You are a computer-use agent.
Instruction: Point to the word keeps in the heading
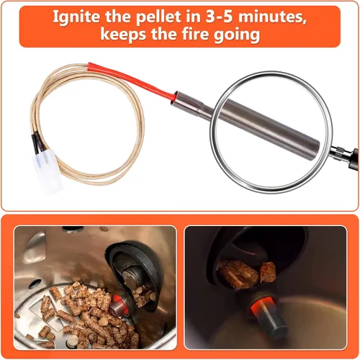pyautogui.click(x=123, y=35)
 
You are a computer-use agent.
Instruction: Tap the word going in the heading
pyautogui.click(x=236, y=35)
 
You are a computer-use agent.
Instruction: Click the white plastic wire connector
pyautogui.click(x=48, y=171)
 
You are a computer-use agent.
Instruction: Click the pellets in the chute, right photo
pyautogui.click(x=246, y=273)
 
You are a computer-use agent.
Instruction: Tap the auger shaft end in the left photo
pyautogui.click(x=131, y=278)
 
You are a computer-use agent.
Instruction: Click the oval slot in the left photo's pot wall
pyautogui.click(x=35, y=284)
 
